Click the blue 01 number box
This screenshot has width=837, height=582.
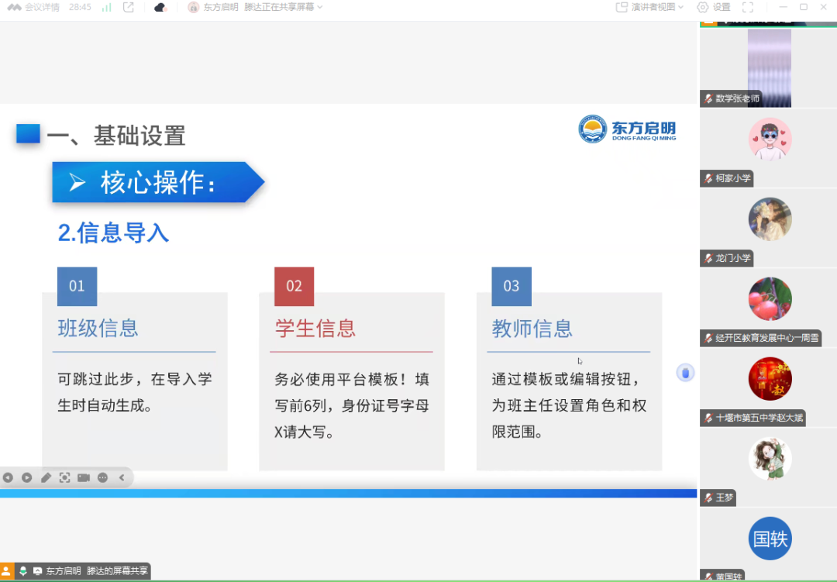pos(77,286)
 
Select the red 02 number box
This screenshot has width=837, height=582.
pos(294,286)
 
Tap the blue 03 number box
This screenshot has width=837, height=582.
pos(511,286)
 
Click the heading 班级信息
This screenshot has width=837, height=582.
pos(98,329)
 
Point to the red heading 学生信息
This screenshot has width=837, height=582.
pos(315,329)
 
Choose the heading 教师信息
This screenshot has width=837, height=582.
pos(532,329)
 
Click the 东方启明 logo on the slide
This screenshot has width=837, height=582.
pos(627,129)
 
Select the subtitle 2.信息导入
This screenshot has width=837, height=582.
pos(113,232)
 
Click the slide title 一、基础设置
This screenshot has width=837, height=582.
pos(116,136)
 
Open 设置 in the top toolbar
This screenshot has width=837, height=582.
pos(714,7)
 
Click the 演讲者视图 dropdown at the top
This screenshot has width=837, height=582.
pos(650,7)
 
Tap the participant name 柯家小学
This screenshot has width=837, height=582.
pos(732,178)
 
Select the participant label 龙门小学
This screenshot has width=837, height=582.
pos(732,258)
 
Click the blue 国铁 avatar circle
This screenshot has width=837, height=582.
pos(770,539)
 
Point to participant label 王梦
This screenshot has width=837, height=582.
pos(724,498)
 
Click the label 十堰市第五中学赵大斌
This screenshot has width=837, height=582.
pos(759,418)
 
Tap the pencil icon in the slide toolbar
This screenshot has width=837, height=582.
pos(46,477)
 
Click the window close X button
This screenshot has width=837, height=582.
pos(825,7)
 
